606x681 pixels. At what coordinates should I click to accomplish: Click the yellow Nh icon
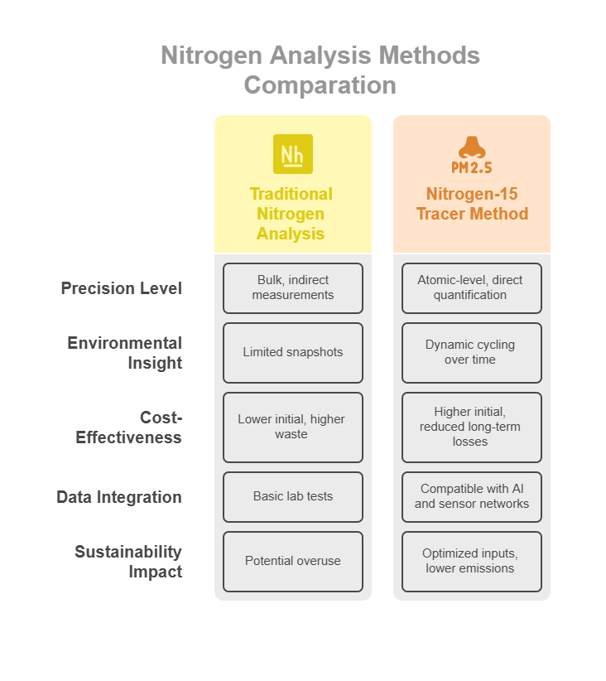(292, 154)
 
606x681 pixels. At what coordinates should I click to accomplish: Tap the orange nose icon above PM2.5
(472, 147)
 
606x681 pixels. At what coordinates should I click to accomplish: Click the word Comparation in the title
(320, 85)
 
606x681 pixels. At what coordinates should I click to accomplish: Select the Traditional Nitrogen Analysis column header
(291, 214)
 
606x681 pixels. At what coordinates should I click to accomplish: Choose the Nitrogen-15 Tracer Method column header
(472, 204)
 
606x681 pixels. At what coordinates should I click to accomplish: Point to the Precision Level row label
(121, 288)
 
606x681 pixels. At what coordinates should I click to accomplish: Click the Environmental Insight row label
(124, 353)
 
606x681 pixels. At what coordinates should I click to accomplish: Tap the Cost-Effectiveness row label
(128, 427)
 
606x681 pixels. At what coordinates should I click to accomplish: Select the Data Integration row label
(119, 497)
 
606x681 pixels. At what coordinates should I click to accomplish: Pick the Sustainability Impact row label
(128, 562)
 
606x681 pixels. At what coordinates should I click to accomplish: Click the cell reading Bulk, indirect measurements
(293, 288)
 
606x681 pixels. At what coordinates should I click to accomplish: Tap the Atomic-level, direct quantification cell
(472, 288)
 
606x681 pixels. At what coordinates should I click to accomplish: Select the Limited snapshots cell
(293, 353)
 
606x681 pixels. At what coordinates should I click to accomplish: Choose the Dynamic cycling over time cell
(472, 353)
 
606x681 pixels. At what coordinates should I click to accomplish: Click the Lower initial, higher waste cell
(293, 427)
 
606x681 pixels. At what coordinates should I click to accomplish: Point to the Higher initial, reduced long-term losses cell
(472, 427)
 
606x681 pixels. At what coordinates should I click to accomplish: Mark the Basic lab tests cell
(293, 497)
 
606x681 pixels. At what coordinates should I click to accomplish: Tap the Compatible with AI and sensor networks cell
(472, 497)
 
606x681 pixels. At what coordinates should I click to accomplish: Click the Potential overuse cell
(293, 562)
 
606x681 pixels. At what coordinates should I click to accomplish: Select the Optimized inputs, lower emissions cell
(472, 562)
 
